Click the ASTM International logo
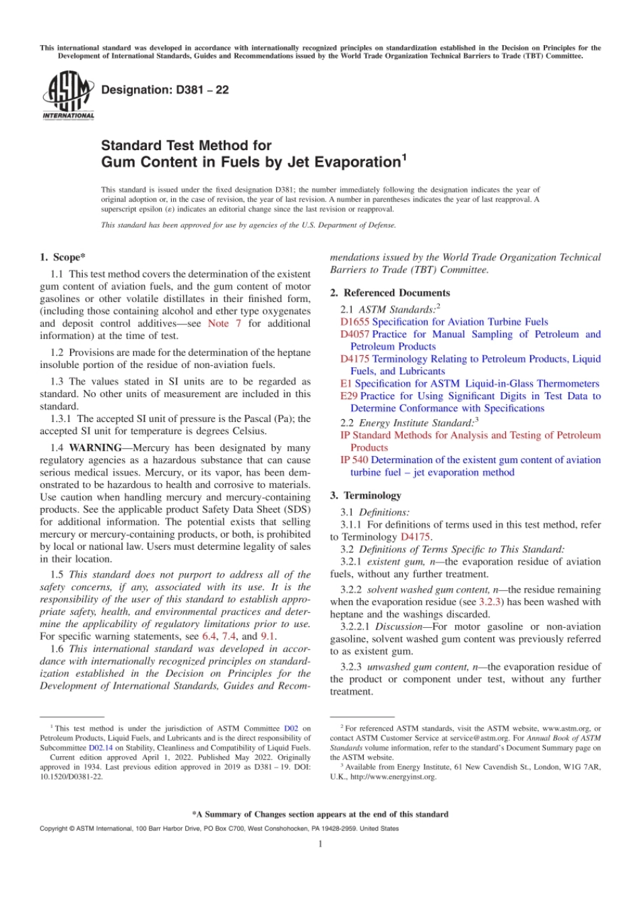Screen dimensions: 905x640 [x=68, y=96]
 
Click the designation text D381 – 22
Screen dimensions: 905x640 [x=164, y=90]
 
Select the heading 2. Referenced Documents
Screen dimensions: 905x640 [x=389, y=293]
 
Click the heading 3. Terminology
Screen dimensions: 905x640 [x=365, y=495]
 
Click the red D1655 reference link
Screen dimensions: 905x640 [x=354, y=322]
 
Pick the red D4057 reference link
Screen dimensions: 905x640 [x=354, y=334]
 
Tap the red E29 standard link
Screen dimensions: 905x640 [x=348, y=396]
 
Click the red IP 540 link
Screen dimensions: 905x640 [x=354, y=460]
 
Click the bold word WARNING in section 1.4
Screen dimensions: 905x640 [x=95, y=448]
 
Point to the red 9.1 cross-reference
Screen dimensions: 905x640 [x=267, y=637]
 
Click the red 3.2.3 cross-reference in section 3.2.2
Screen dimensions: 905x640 [x=489, y=602]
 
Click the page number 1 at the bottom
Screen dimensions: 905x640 [x=320, y=844]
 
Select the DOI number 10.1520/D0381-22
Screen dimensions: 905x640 [x=71, y=776]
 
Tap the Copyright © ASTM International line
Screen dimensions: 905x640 [x=219, y=828]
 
